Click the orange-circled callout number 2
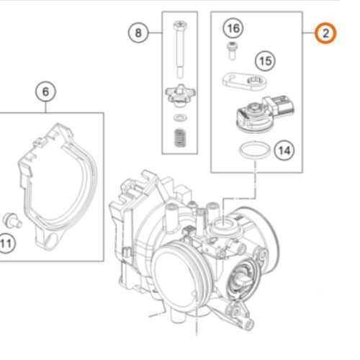point(325,33)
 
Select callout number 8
point(138,32)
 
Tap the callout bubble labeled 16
point(233,28)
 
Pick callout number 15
point(265,60)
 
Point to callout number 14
point(284,150)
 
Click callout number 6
point(45,91)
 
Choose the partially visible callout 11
point(6,243)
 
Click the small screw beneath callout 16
point(232,50)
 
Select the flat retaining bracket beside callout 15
point(244,81)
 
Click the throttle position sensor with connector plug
point(265,114)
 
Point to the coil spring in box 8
point(180,138)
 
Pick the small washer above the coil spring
point(180,117)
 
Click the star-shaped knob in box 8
point(180,94)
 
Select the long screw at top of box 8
point(180,49)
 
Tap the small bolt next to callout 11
point(12,220)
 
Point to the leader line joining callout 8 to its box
point(155,32)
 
